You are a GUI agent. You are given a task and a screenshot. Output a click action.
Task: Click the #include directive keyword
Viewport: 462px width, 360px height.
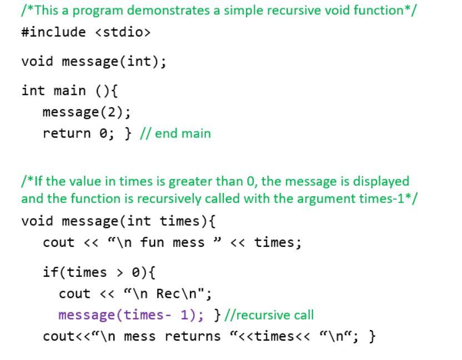(53, 32)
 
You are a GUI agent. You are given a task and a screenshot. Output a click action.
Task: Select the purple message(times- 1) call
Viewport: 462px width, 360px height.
(131, 315)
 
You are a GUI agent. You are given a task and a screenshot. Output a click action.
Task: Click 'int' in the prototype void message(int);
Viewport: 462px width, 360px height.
(146, 61)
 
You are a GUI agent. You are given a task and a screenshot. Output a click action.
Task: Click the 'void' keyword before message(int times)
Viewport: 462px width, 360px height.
(37, 221)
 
